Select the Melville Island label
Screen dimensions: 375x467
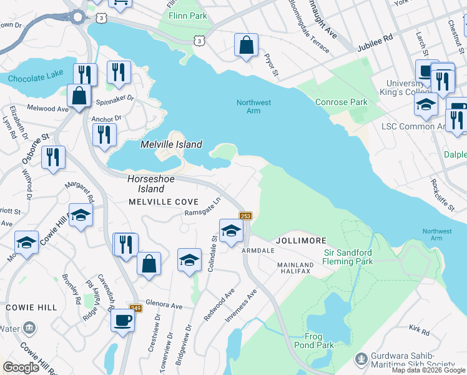tap(171, 144)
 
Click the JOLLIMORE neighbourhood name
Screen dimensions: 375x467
tap(297, 240)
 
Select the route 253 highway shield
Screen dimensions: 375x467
tap(245, 216)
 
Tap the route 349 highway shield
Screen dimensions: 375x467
tap(135, 307)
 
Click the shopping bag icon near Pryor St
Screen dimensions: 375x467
tap(247, 45)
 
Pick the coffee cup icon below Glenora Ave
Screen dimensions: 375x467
tap(122, 321)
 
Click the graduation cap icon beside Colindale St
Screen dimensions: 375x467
tap(231, 230)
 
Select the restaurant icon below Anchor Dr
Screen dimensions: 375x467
tap(104, 134)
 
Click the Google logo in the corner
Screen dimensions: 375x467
tap(21, 367)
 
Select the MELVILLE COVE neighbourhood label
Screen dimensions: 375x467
tap(164, 202)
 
